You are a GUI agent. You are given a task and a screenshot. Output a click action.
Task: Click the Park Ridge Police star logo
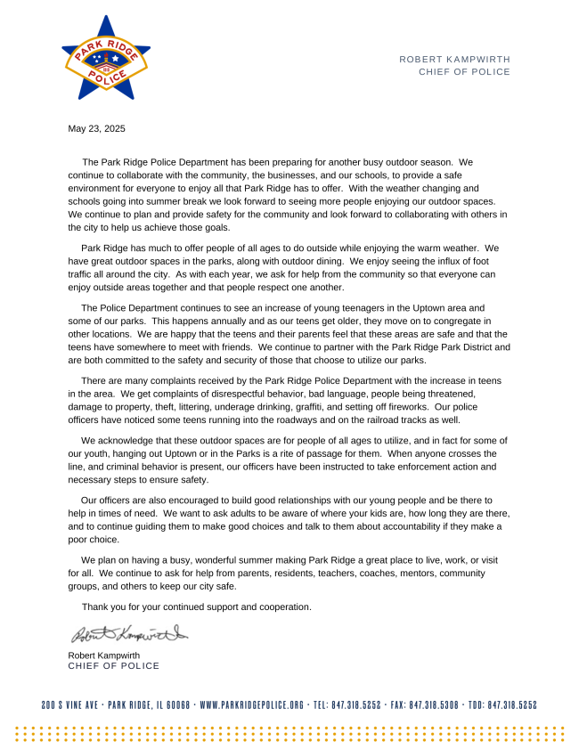105,58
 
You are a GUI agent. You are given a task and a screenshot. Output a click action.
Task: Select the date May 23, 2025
96,128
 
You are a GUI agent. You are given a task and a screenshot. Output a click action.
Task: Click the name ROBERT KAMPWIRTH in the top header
454,59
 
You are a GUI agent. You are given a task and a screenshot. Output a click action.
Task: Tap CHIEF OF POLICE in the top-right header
464,72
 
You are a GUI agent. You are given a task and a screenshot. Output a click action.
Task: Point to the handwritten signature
128,636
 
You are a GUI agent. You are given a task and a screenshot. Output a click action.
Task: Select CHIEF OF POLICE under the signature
113,665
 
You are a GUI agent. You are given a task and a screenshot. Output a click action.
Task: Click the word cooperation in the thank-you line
283,607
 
